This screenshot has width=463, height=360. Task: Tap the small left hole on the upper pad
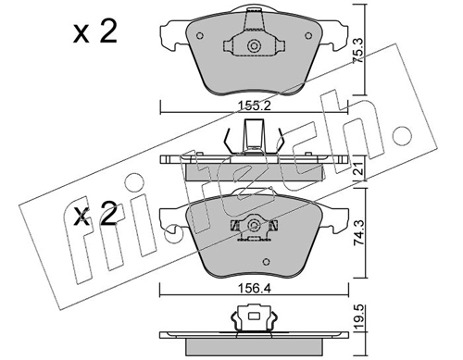point(230,46)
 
